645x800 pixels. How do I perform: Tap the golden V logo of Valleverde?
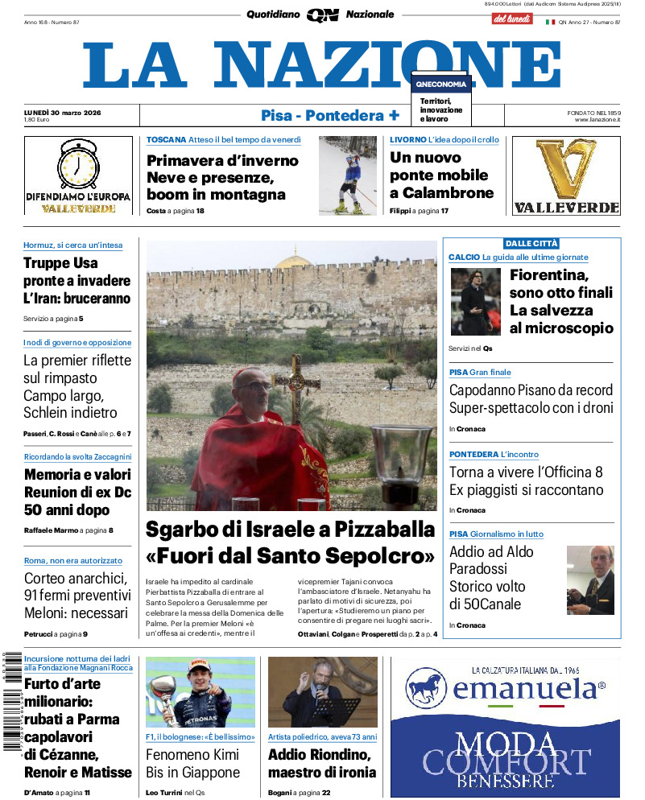click(x=566, y=168)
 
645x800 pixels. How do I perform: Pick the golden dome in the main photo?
click(x=292, y=262)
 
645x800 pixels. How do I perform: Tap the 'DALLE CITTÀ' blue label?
click(x=531, y=243)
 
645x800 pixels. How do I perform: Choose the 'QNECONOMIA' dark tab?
click(x=440, y=84)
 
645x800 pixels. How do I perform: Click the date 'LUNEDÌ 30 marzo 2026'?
click(x=68, y=112)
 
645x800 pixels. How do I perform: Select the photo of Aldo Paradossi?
click(x=589, y=580)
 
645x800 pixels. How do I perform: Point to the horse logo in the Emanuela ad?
click(x=427, y=689)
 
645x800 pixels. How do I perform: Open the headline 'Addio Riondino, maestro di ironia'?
click(x=322, y=764)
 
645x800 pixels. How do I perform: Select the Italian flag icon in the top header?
click(x=551, y=22)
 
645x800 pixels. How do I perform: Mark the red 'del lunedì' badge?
click(x=512, y=18)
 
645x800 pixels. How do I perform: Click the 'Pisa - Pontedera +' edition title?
click(x=330, y=115)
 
